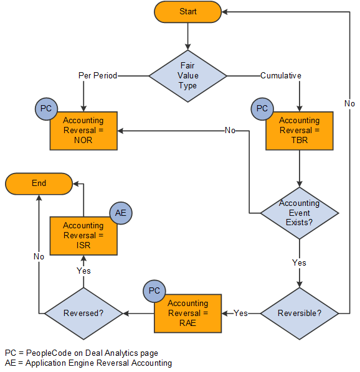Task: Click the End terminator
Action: pos(39,184)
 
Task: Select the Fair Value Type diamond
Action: pos(187,75)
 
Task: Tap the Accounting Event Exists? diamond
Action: pos(299,213)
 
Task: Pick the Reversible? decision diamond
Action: pos(299,313)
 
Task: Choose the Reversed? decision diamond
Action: pos(83,313)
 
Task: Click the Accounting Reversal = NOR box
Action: pos(83,131)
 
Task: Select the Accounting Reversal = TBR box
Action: pos(300,131)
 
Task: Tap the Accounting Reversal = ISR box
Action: pos(83,236)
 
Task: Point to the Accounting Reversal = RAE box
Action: pos(187,313)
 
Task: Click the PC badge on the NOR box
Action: pos(46,109)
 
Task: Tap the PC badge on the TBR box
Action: pos(262,109)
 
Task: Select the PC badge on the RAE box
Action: pos(153,291)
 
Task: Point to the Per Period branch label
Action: pos(97,75)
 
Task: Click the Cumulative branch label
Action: pos(280,75)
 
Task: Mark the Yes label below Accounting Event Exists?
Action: pos(299,263)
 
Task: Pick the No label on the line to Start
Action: pos(349,103)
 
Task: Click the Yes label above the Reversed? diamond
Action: pos(83,271)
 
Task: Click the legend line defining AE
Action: pos(88,363)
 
